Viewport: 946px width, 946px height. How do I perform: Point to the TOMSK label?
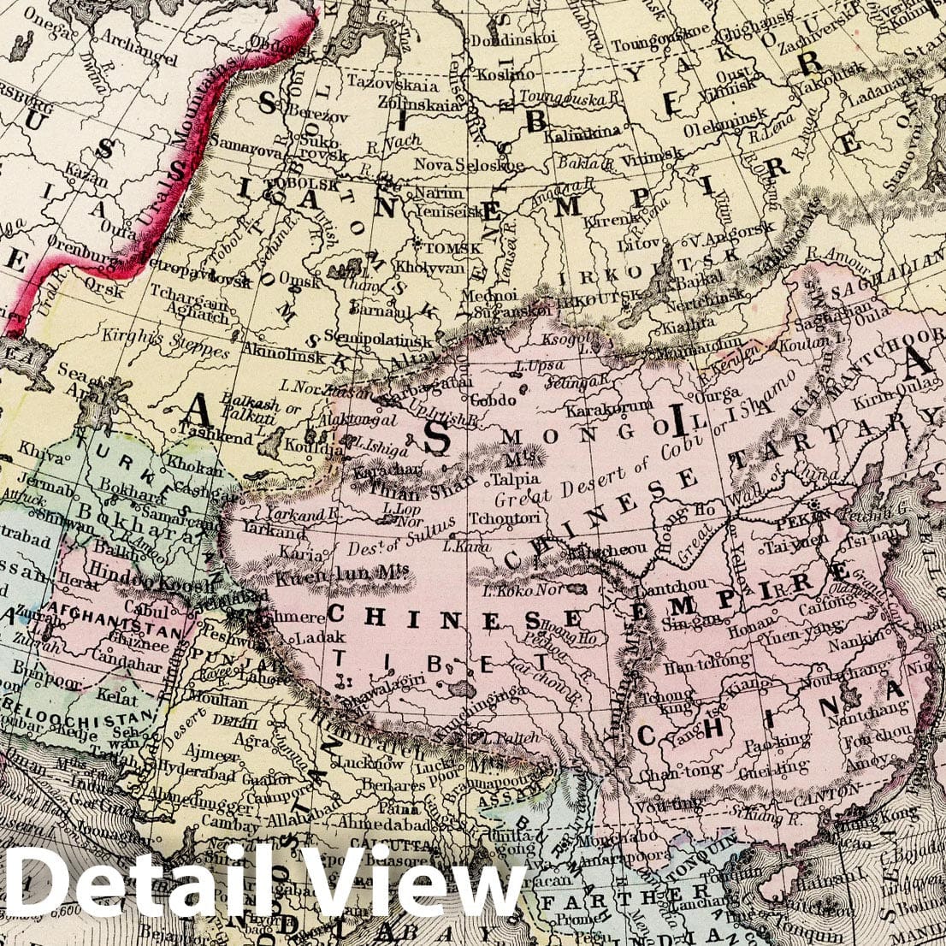click(x=441, y=248)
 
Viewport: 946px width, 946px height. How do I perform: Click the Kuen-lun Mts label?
click(x=322, y=578)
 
